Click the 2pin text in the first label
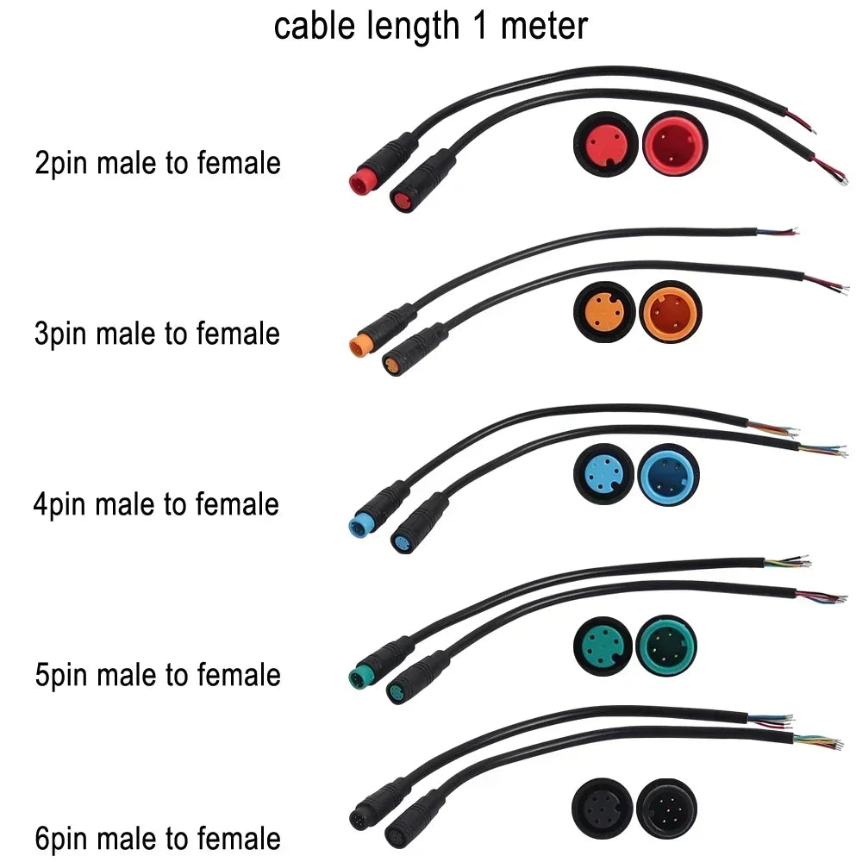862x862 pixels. click(x=61, y=163)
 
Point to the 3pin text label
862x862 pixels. click(x=61, y=334)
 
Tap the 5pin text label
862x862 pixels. click(x=61, y=675)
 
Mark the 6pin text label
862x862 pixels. click(x=61, y=838)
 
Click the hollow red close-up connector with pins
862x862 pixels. click(x=675, y=142)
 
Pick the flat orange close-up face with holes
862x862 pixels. click(x=603, y=311)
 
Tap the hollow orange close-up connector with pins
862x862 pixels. click(x=671, y=311)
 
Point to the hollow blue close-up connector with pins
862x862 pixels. click(x=669, y=476)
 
